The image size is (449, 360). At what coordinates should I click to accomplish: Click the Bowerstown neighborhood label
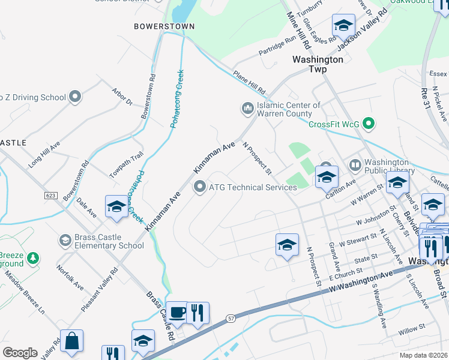pos(155,26)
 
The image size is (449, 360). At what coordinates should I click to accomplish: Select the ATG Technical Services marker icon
pos(199,187)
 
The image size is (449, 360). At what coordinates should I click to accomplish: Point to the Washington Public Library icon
pos(355,164)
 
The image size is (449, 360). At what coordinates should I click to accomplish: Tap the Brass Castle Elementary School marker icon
pos(65,241)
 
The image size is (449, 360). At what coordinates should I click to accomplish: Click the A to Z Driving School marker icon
pos(75,97)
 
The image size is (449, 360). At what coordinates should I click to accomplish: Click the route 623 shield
pos(50,196)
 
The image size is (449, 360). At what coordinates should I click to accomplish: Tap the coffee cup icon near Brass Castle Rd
pos(176,313)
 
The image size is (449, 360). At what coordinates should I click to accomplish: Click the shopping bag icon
pos(71,340)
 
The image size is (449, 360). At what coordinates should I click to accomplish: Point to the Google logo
pos(20,352)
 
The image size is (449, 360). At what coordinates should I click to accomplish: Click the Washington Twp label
pos(318,64)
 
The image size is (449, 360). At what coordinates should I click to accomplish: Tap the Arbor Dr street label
pos(121,97)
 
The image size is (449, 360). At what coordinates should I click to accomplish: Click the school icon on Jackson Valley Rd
pos(344,26)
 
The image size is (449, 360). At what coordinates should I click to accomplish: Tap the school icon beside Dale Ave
pos(116,207)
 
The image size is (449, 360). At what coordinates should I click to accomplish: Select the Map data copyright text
pos(423,355)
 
